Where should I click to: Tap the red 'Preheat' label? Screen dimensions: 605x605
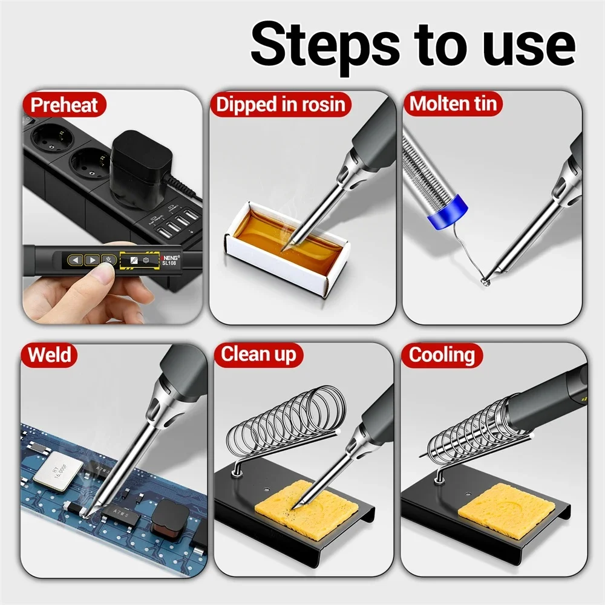click(x=64, y=105)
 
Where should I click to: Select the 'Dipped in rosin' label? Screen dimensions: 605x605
click(x=281, y=105)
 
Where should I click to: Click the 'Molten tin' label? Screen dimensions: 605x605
click(x=453, y=104)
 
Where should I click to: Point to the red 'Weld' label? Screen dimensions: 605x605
click(x=50, y=355)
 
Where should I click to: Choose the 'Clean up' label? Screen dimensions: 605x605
click(x=259, y=355)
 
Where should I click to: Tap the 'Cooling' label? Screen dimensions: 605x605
click(x=442, y=355)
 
